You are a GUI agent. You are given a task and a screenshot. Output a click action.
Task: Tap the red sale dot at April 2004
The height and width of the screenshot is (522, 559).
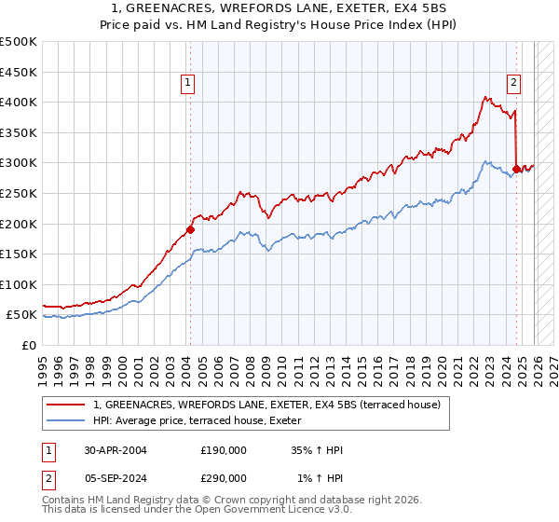(190, 229)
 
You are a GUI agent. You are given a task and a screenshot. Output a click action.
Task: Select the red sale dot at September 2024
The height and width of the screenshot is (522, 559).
(516, 169)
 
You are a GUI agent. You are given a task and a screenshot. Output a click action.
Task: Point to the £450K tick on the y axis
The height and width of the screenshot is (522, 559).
(19, 72)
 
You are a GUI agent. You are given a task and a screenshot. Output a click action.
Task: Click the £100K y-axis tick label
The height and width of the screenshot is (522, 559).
(19, 284)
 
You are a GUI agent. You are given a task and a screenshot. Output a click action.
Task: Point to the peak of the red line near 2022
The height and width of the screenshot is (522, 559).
(486, 96)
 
